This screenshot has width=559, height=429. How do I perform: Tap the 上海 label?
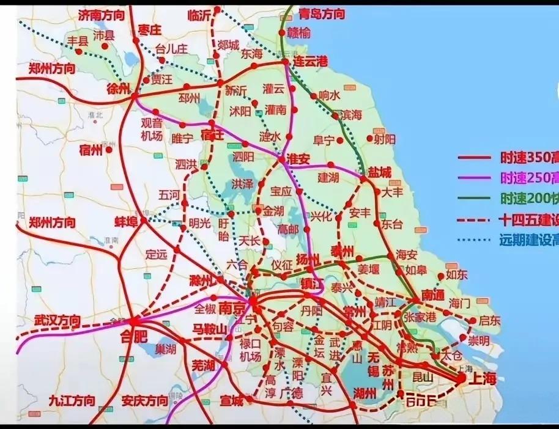[x=483, y=380]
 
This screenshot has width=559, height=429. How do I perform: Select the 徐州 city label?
[x=119, y=89]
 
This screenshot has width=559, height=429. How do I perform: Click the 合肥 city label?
[x=136, y=335]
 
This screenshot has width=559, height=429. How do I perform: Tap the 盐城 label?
[x=379, y=173]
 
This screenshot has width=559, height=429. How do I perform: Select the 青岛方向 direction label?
[x=322, y=13]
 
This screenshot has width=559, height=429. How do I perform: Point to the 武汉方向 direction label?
[x=57, y=320]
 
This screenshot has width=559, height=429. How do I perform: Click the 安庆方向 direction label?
[x=144, y=401]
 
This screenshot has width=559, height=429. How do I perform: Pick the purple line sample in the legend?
[x=474, y=178]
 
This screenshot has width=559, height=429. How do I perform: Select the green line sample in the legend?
[x=474, y=199]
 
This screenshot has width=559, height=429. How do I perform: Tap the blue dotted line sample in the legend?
[x=474, y=240]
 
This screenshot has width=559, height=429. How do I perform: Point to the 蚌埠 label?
[x=128, y=221]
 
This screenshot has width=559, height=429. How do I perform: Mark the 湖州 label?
[x=365, y=394]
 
